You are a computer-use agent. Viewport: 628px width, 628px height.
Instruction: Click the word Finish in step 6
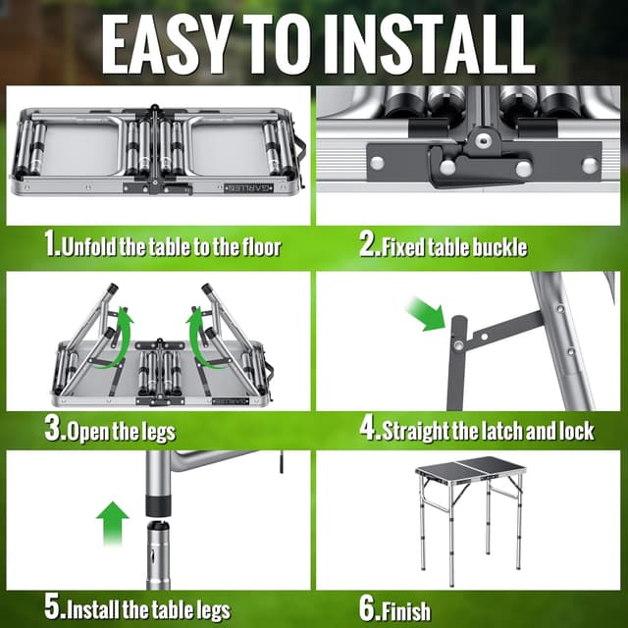(x=407, y=610)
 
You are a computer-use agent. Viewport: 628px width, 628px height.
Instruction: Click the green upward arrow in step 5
(x=114, y=524)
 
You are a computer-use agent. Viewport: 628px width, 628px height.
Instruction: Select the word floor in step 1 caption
(x=259, y=246)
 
